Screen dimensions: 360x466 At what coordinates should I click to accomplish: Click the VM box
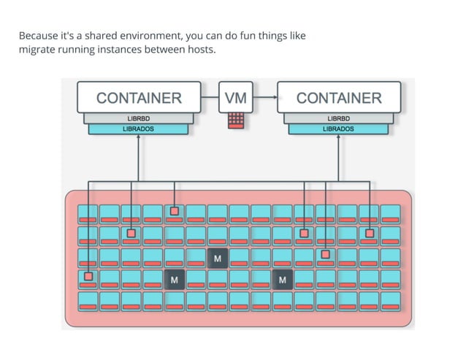(x=236, y=98)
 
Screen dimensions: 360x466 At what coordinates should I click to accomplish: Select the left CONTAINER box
(x=139, y=98)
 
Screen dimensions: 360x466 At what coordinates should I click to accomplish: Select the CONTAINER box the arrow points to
(x=339, y=98)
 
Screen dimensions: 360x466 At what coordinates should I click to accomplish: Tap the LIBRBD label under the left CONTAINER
(x=138, y=118)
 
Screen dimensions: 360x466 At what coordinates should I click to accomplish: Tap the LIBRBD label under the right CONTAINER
(x=339, y=118)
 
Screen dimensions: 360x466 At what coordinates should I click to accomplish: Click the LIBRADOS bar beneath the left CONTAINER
(x=138, y=129)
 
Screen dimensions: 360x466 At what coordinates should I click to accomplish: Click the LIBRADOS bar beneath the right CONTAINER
(x=339, y=129)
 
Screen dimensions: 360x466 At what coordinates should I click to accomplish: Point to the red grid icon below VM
(x=236, y=120)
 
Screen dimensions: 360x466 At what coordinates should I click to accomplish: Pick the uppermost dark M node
(x=218, y=258)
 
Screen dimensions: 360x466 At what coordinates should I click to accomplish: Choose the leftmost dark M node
(x=174, y=279)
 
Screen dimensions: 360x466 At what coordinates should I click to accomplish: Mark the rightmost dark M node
(x=282, y=279)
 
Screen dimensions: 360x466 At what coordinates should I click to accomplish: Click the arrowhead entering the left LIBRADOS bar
(x=138, y=138)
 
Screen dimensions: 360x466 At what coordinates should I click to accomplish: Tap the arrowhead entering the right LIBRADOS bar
(x=339, y=138)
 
